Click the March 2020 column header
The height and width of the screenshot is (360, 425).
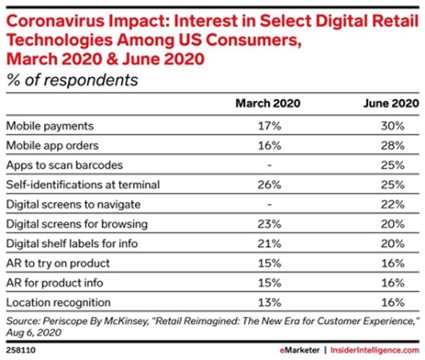[268, 104]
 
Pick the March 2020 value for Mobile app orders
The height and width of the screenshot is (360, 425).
[269, 145]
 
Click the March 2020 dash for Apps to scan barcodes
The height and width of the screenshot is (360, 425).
[269, 165]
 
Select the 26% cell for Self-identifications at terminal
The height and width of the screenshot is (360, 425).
[269, 185]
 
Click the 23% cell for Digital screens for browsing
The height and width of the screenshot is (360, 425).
[269, 224]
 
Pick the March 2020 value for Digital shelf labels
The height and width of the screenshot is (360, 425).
[269, 244]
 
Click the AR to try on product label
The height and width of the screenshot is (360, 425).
[58, 263]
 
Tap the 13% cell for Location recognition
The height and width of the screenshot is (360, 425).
[269, 303]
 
